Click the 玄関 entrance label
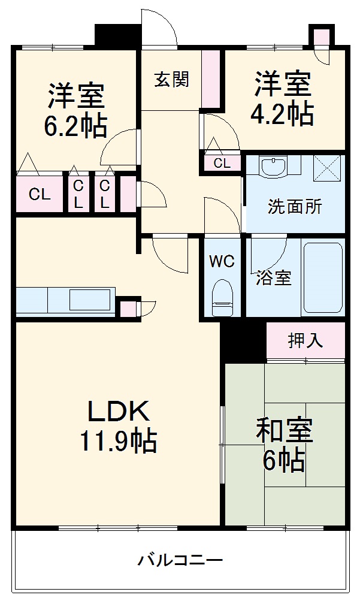[171, 80]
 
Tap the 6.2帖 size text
[75, 126]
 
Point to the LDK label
[118, 412]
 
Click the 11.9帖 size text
[118, 442]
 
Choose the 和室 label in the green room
[285, 431]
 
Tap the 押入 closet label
[305, 340]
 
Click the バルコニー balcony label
[180, 561]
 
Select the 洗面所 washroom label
[295, 207]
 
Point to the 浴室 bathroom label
[274, 278]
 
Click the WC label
[221, 261]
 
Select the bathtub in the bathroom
[323, 277]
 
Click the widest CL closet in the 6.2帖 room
[40, 194]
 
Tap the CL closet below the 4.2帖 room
[221, 162]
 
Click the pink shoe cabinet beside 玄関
[210, 79]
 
